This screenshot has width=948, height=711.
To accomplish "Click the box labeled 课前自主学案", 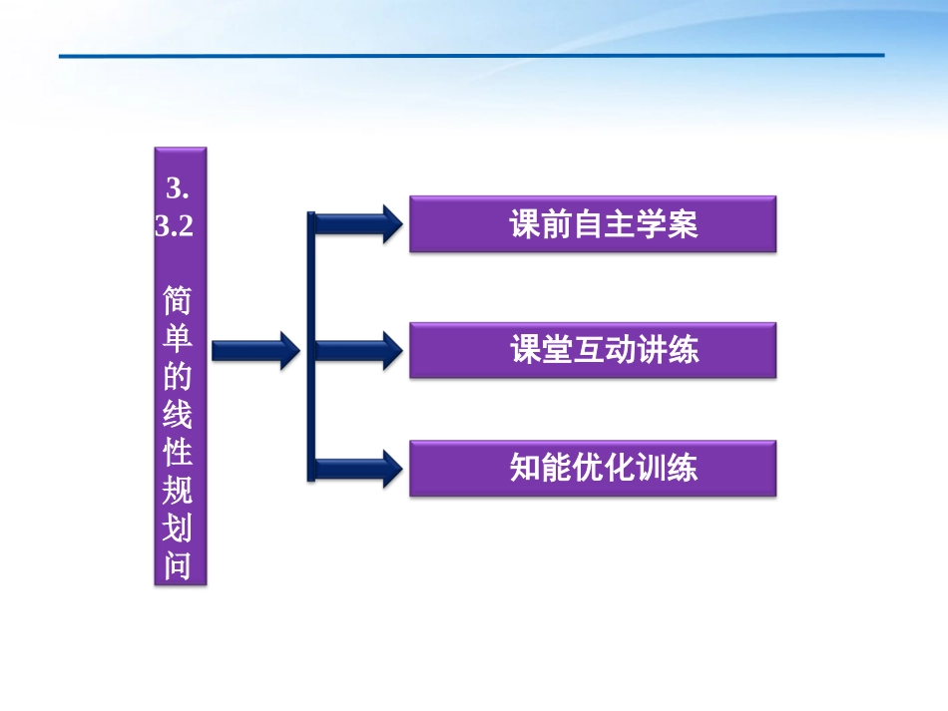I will click(593, 224).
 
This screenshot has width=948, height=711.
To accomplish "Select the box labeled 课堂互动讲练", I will click(593, 350).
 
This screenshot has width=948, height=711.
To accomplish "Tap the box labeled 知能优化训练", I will click(593, 469).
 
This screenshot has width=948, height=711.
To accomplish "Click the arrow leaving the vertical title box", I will click(254, 349).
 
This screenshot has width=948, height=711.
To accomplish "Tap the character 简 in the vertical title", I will click(180, 300).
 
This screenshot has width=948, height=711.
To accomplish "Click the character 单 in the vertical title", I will click(180, 339).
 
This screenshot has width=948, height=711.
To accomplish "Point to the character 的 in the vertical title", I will click(180, 377).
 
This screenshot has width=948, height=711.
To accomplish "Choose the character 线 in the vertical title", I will click(180, 415).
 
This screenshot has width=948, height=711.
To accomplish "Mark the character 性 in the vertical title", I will click(180, 453).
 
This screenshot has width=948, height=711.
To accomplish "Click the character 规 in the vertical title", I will click(180, 491).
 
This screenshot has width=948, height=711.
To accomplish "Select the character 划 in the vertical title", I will click(180, 529).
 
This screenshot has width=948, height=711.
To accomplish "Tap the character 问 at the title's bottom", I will click(180, 565).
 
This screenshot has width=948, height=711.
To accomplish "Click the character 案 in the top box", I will click(683, 224).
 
